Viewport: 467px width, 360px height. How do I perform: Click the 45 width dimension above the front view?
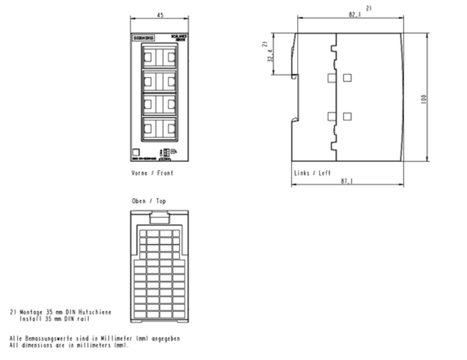pyautogui.click(x=160, y=15)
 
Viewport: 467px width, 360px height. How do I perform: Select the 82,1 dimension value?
pyautogui.click(x=354, y=14)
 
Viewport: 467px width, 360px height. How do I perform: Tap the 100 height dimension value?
pyautogui.click(x=424, y=98)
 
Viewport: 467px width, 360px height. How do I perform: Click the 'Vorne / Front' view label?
pyautogui.click(x=152, y=173)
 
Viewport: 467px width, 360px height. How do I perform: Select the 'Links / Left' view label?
pyautogui.click(x=312, y=173)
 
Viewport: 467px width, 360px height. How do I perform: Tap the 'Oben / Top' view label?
pyautogui.click(x=149, y=202)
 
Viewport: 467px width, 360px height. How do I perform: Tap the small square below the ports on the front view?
pyautogui.click(x=136, y=153)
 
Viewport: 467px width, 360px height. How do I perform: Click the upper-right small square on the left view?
pyautogui.click(x=348, y=77)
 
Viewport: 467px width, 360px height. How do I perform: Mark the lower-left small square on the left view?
pyautogui.click(x=332, y=116)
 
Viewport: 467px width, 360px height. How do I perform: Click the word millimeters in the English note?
pyautogui.click(x=91, y=346)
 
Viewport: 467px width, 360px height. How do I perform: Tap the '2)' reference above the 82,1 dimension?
pyautogui.click(x=369, y=8)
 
